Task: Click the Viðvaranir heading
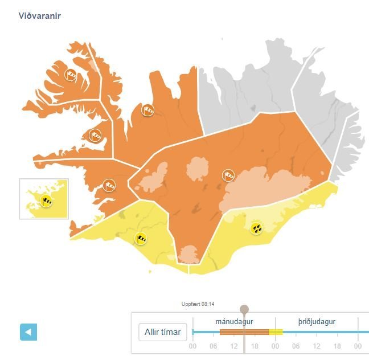coord(39,15)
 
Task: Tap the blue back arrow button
coord(28,332)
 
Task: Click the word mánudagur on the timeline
coord(234,322)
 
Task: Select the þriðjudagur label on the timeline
coord(317,322)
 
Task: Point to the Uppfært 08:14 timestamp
coord(198,304)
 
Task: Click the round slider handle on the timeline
coord(244,309)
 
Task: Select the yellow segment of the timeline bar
coord(276,332)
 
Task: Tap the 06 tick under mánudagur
coord(214,346)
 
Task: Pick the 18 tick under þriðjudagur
coord(338,346)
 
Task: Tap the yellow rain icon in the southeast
coord(257,228)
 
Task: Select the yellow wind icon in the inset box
coord(47,199)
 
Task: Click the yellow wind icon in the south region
coord(140,238)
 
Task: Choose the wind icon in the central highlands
coord(228,175)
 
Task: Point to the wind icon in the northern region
coord(147,110)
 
